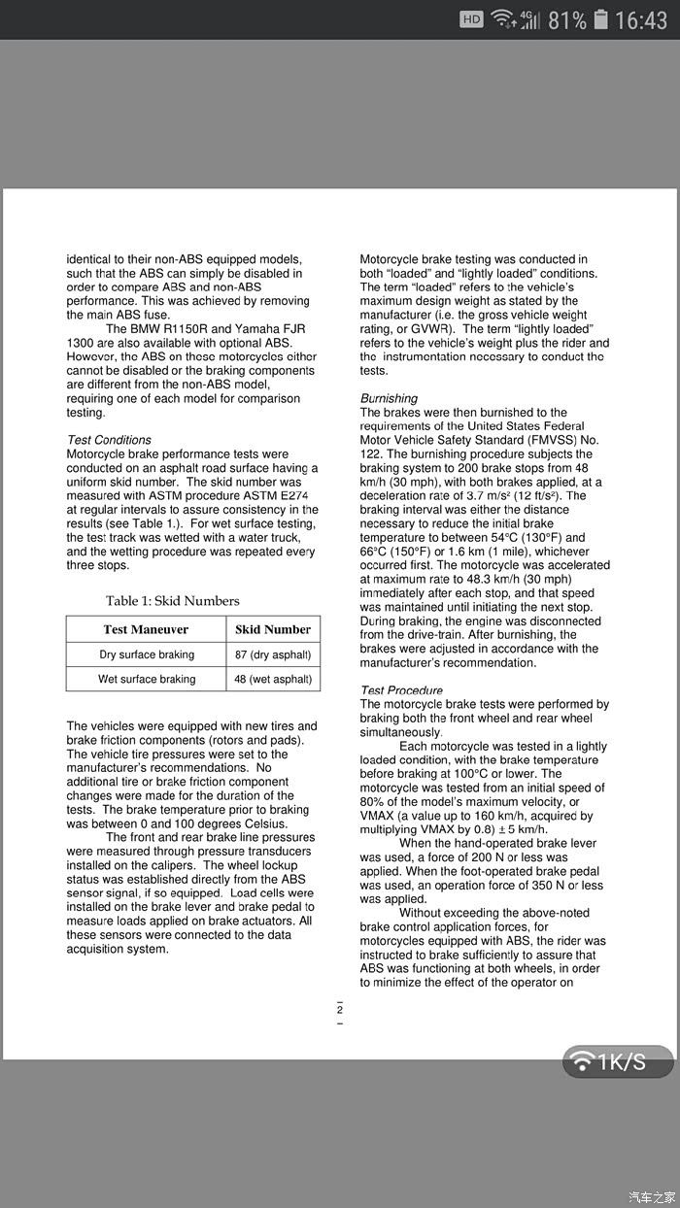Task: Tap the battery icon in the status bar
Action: [x=601, y=19]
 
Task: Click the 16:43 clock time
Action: [x=642, y=19]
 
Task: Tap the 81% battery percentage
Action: [x=567, y=19]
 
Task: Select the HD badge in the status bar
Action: [x=471, y=19]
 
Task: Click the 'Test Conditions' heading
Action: [x=109, y=440]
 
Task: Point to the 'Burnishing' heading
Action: [x=389, y=398]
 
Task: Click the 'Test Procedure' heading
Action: [x=401, y=690]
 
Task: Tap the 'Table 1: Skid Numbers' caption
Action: [x=173, y=601]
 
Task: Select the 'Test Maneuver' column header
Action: [x=146, y=629]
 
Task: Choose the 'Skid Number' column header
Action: [x=273, y=629]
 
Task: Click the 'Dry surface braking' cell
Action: [x=147, y=654]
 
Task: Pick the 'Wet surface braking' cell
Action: [x=147, y=679]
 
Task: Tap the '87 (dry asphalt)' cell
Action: [x=273, y=654]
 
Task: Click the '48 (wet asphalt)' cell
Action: [x=273, y=679]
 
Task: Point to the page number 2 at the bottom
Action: [x=340, y=1011]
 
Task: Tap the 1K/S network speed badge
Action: [x=618, y=1061]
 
